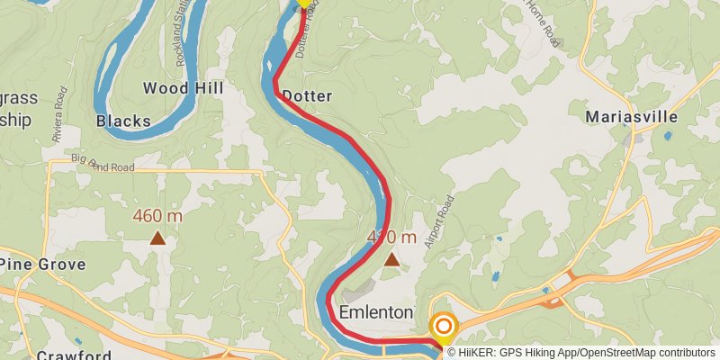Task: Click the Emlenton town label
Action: (x=376, y=312)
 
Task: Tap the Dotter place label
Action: (x=307, y=95)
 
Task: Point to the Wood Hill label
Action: (x=184, y=88)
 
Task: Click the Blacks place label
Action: (x=122, y=121)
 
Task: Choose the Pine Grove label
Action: (x=43, y=264)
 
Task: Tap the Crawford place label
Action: (x=74, y=355)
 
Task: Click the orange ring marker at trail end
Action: (x=444, y=327)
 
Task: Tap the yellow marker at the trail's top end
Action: (x=304, y=3)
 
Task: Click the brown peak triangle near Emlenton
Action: (x=391, y=259)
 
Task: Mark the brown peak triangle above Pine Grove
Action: (x=157, y=238)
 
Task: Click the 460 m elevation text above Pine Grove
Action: (x=157, y=216)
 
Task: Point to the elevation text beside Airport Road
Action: (x=392, y=238)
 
